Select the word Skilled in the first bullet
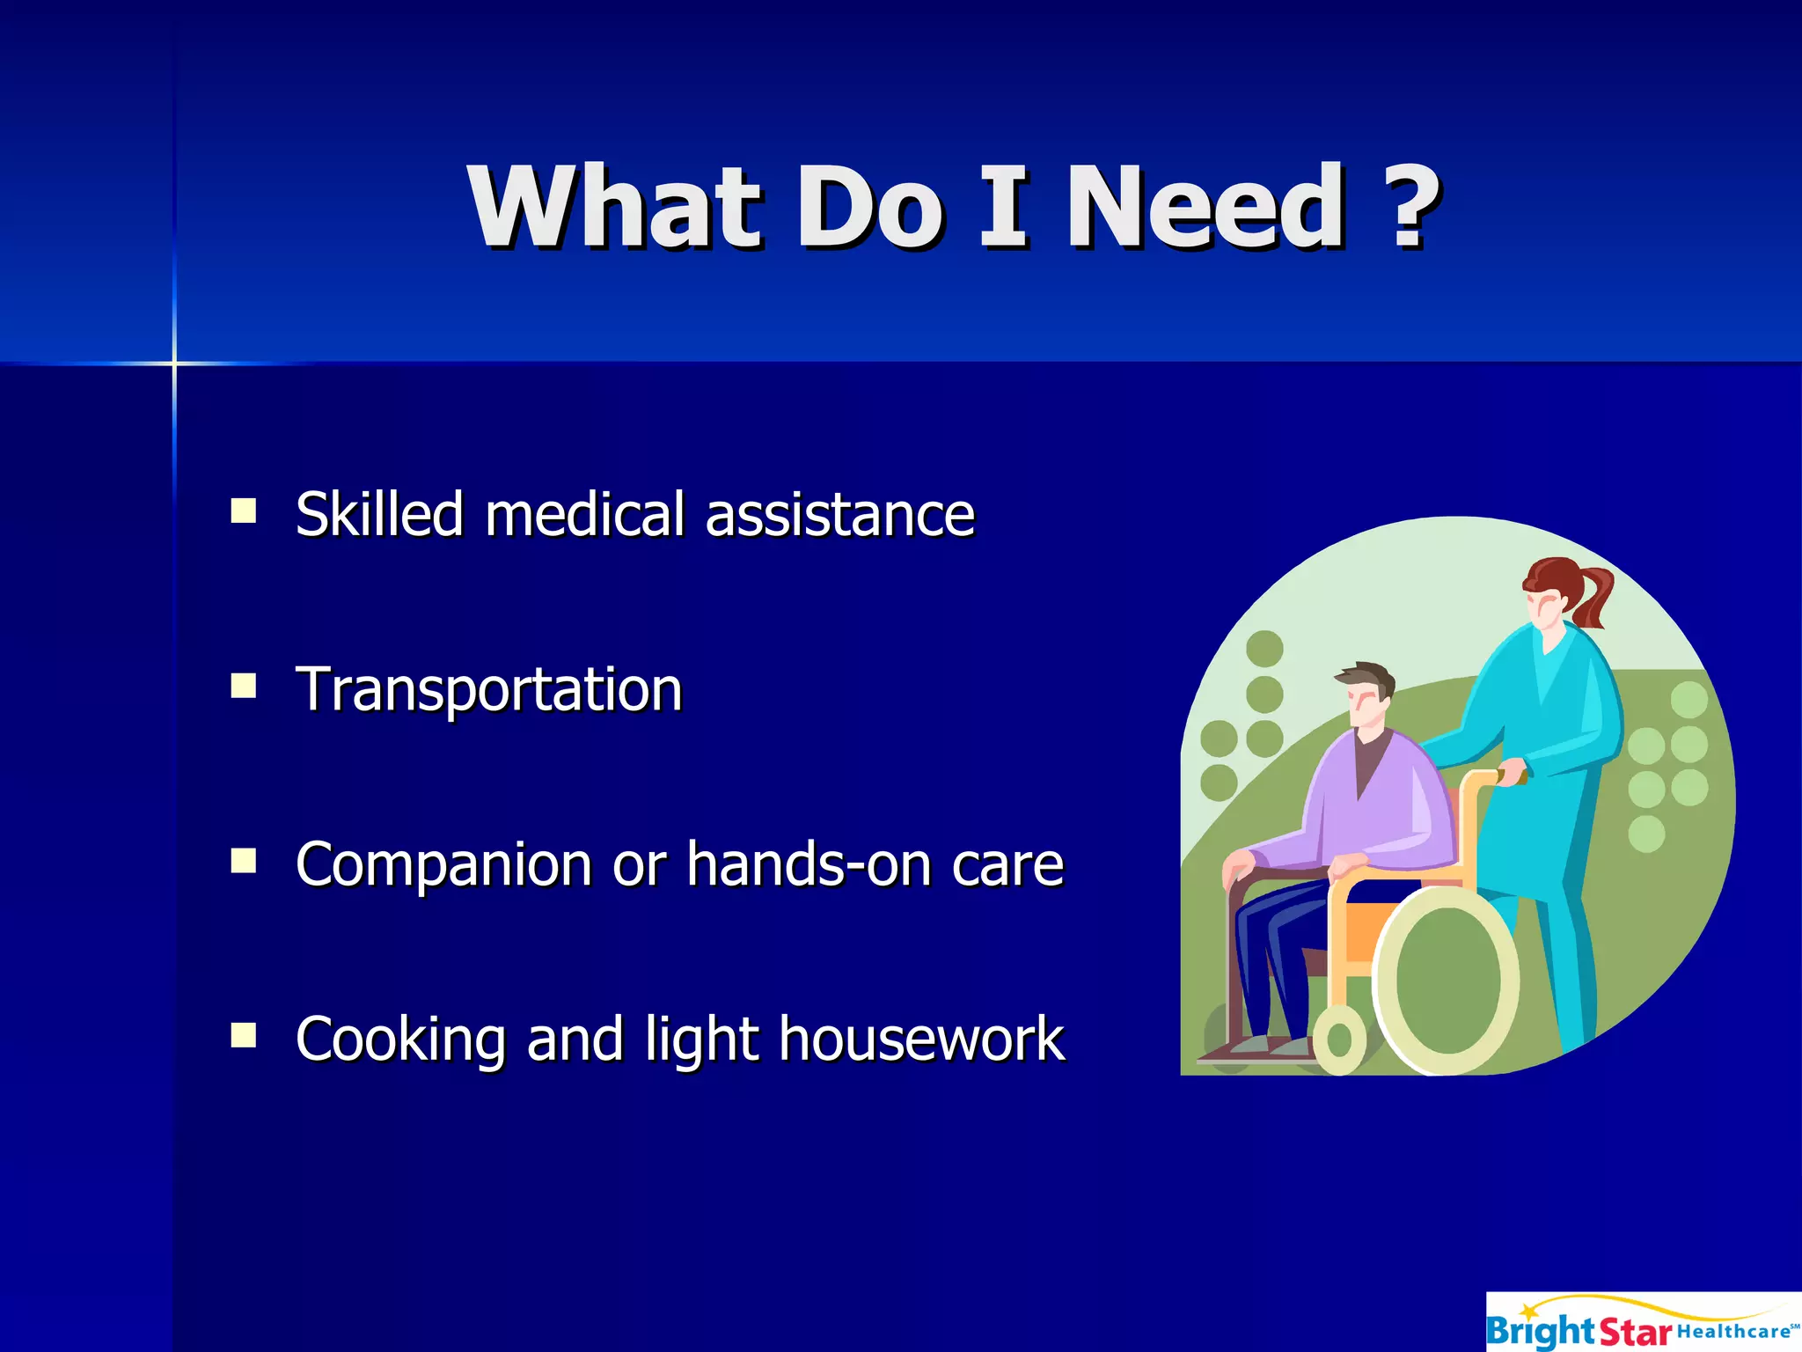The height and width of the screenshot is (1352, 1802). (x=379, y=514)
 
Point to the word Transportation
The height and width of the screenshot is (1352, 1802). (x=489, y=689)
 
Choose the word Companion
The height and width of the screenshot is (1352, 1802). (x=443, y=865)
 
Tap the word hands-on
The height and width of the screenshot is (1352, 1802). (x=809, y=863)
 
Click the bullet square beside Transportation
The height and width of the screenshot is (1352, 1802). (x=244, y=686)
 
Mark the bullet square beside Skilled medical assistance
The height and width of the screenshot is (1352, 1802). (x=244, y=511)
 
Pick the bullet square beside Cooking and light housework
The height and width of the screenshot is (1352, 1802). (x=244, y=1035)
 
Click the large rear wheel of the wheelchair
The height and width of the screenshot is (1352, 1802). (x=1447, y=981)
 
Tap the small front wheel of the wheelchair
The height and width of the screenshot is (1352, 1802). (x=1338, y=1040)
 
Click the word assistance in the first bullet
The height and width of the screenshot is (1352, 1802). (x=840, y=515)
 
